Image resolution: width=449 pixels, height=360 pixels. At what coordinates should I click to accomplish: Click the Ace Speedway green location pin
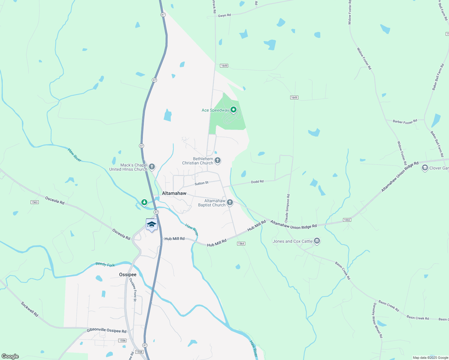[233, 110]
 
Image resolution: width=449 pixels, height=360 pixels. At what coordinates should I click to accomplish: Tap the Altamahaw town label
[174, 193]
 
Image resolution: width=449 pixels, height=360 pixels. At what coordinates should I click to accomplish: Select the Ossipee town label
[128, 274]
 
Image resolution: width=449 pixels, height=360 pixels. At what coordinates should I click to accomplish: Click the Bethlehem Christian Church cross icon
[218, 160]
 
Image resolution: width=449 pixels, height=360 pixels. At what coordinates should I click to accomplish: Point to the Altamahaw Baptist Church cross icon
[230, 202]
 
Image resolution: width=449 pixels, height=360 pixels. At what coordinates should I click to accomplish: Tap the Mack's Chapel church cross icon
[152, 167]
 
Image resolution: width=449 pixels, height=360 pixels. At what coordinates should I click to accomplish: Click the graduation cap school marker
[152, 225]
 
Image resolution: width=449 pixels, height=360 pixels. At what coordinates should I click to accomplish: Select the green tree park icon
[144, 202]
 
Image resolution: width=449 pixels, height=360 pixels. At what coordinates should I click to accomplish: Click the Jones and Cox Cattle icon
[317, 241]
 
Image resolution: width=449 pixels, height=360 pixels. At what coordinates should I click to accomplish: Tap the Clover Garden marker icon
[425, 168]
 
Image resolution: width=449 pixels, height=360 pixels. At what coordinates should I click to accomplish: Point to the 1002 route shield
[347, 220]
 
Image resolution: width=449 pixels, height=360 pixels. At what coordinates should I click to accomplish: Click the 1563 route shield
[35, 202]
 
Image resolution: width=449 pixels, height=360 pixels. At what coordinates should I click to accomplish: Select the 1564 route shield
[241, 244]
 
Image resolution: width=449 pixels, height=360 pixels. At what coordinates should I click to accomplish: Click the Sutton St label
[201, 183]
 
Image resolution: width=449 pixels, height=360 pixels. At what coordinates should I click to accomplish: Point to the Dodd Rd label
[257, 182]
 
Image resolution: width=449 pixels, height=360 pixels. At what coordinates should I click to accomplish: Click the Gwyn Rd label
[224, 15]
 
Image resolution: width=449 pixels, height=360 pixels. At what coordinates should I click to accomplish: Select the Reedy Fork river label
[105, 264]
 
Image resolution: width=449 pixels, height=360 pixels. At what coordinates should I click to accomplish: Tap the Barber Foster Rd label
[405, 121]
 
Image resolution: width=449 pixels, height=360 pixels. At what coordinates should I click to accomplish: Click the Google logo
[10, 356]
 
